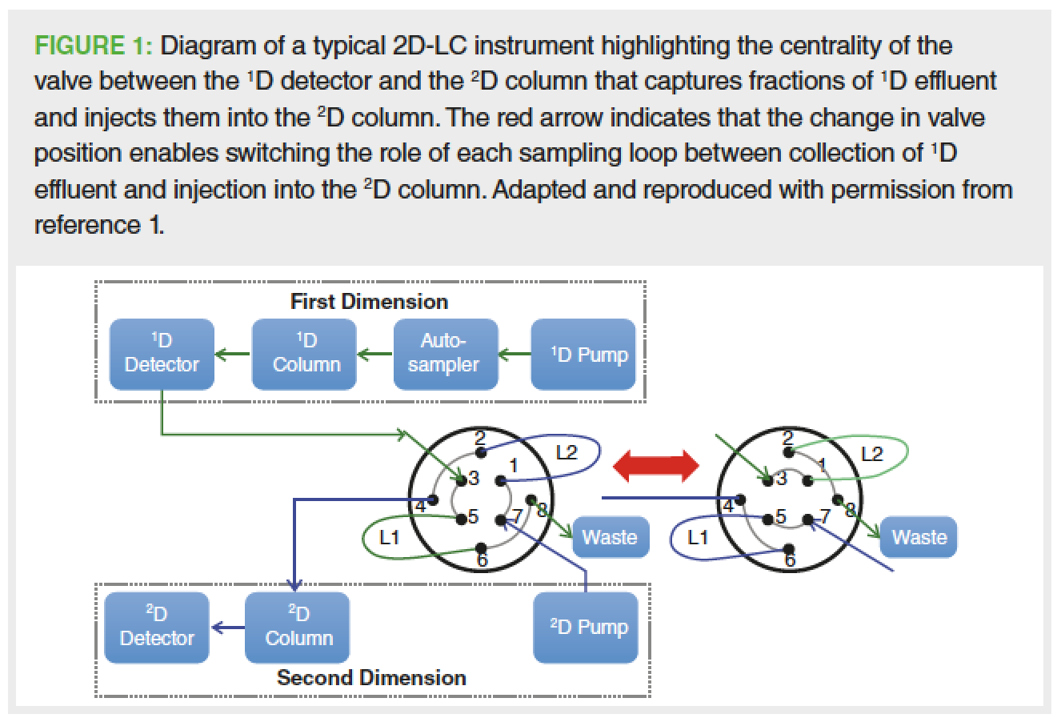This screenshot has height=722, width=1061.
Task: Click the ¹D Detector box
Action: (x=162, y=354)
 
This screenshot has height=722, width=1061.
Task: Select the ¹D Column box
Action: (x=304, y=354)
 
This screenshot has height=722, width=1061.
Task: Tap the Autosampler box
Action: (x=445, y=354)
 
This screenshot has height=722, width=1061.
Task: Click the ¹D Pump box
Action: (x=589, y=354)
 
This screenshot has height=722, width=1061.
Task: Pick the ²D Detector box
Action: (x=157, y=627)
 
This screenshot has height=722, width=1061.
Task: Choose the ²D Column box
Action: (x=298, y=627)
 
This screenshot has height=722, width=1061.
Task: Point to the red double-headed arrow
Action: (x=654, y=466)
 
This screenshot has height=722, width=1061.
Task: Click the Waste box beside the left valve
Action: (x=609, y=537)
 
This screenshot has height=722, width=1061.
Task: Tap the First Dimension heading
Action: (x=369, y=302)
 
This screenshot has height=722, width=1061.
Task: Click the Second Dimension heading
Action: (x=371, y=677)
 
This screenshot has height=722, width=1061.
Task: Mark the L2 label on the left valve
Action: (x=566, y=454)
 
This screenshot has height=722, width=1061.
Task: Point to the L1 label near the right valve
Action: (x=698, y=537)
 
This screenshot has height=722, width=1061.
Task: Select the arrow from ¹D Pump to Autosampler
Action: (x=514, y=354)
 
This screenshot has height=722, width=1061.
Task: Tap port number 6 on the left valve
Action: (x=482, y=560)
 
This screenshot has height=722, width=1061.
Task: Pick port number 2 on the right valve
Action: (x=787, y=438)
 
